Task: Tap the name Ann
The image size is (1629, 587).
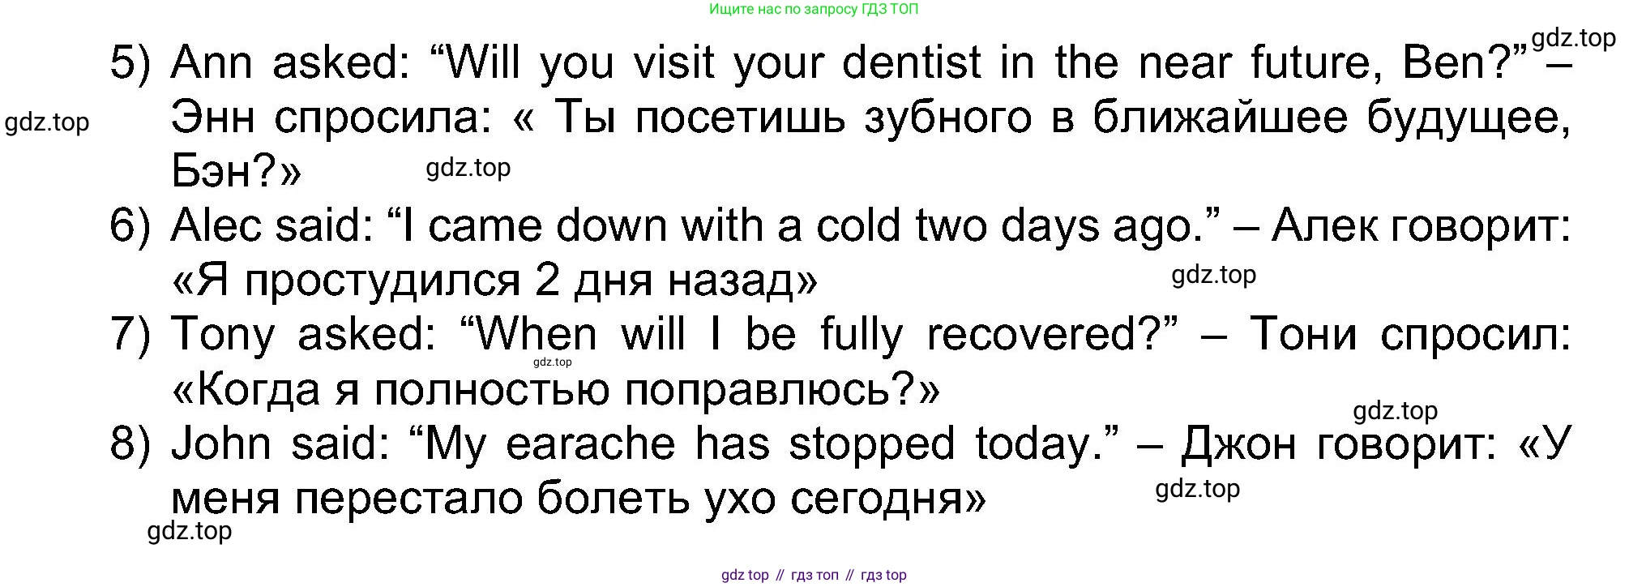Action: [212, 62]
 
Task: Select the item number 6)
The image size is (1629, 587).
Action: [130, 226]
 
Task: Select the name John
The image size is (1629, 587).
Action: [220, 443]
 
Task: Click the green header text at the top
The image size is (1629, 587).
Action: [814, 10]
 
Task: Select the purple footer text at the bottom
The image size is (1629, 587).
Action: [814, 575]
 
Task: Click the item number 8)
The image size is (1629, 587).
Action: [130, 444]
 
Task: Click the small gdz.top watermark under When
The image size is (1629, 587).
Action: [553, 362]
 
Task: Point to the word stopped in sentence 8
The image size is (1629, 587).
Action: [872, 445]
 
